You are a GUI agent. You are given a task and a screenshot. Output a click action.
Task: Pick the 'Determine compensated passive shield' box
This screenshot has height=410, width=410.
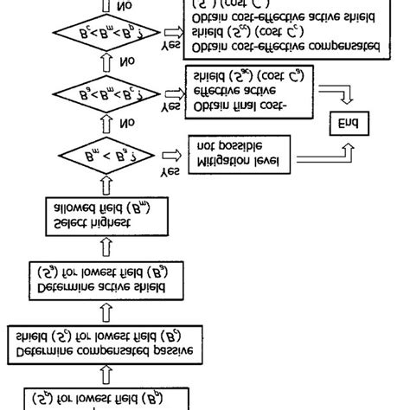pyautogui.click(x=104, y=343)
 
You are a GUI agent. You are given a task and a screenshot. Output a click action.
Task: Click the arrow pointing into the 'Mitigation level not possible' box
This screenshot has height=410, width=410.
pyautogui.click(x=176, y=157)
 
